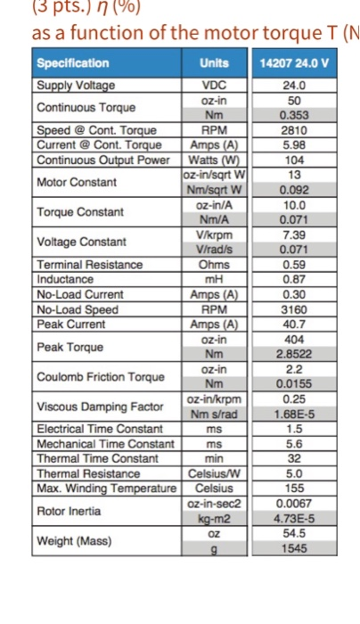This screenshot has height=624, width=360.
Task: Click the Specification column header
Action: point(73,64)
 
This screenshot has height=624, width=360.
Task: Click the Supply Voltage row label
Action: point(76,85)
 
